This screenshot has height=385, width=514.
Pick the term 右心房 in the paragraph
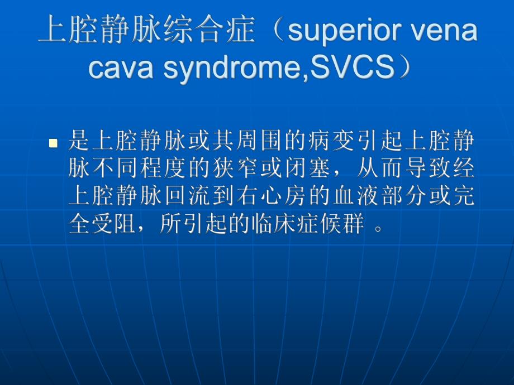pos(273,197)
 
